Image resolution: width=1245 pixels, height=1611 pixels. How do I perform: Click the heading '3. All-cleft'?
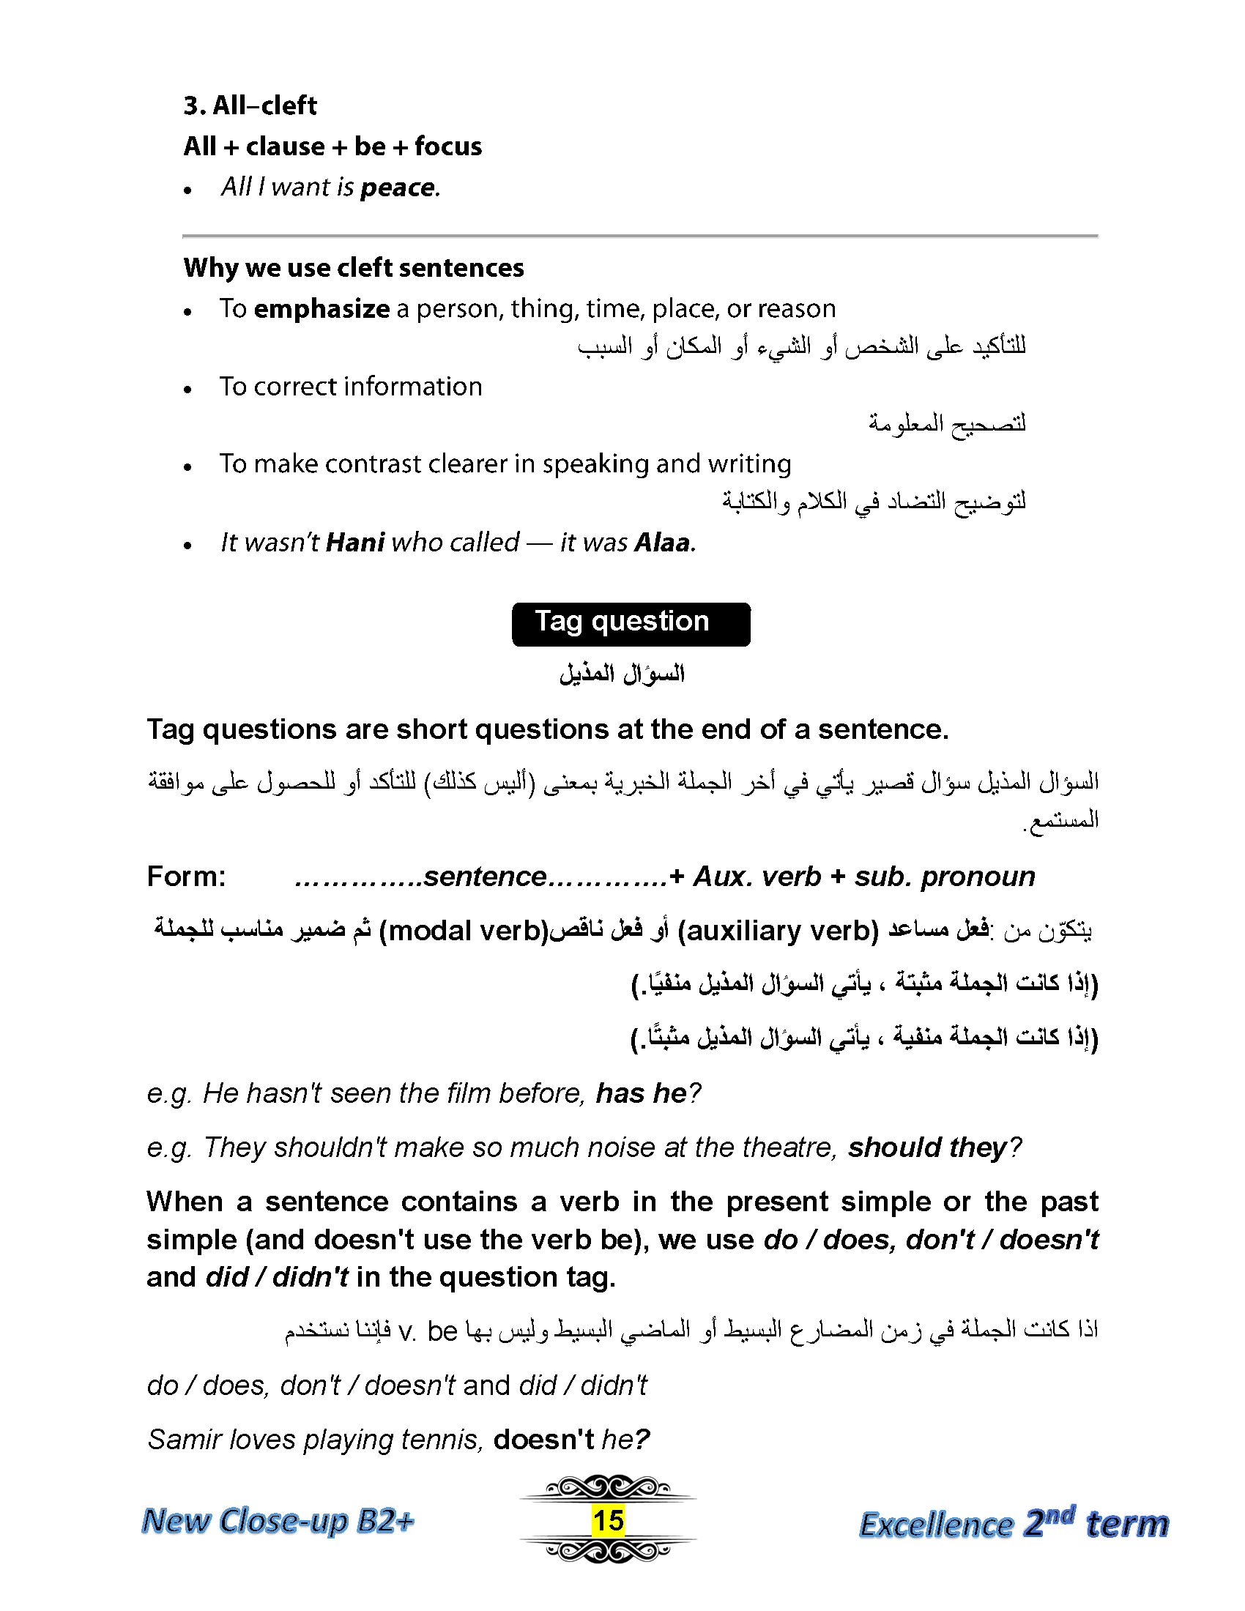pyautogui.click(x=250, y=105)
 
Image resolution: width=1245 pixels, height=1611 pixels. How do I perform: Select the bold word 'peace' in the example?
pyautogui.click(x=398, y=187)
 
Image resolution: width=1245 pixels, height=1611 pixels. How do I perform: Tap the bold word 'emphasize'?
pyautogui.click(x=322, y=308)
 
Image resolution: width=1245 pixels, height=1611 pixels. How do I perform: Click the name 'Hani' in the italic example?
pyautogui.click(x=354, y=543)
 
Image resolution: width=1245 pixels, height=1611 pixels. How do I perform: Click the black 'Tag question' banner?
pyautogui.click(x=631, y=624)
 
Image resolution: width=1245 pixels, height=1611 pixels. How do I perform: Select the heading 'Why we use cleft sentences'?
pyautogui.click(x=353, y=267)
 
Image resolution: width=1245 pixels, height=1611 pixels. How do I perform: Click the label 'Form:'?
pyautogui.click(x=187, y=877)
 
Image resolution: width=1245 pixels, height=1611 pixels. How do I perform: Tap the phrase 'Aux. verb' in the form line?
pyautogui.click(x=757, y=877)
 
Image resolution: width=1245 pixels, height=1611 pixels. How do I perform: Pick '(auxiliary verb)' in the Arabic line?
pyautogui.click(x=777, y=931)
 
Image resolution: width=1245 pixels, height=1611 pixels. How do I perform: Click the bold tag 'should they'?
pyautogui.click(x=927, y=1147)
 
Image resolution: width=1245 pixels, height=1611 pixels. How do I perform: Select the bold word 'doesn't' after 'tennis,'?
pyautogui.click(x=543, y=1439)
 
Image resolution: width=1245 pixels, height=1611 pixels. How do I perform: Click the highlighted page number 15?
pyautogui.click(x=608, y=1521)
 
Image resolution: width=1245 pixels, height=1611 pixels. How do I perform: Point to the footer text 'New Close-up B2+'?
pyautogui.click(x=278, y=1521)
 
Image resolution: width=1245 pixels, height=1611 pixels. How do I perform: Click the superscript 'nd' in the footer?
pyautogui.click(x=1060, y=1514)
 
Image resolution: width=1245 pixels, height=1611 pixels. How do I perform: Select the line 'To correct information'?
pyautogui.click(x=350, y=387)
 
